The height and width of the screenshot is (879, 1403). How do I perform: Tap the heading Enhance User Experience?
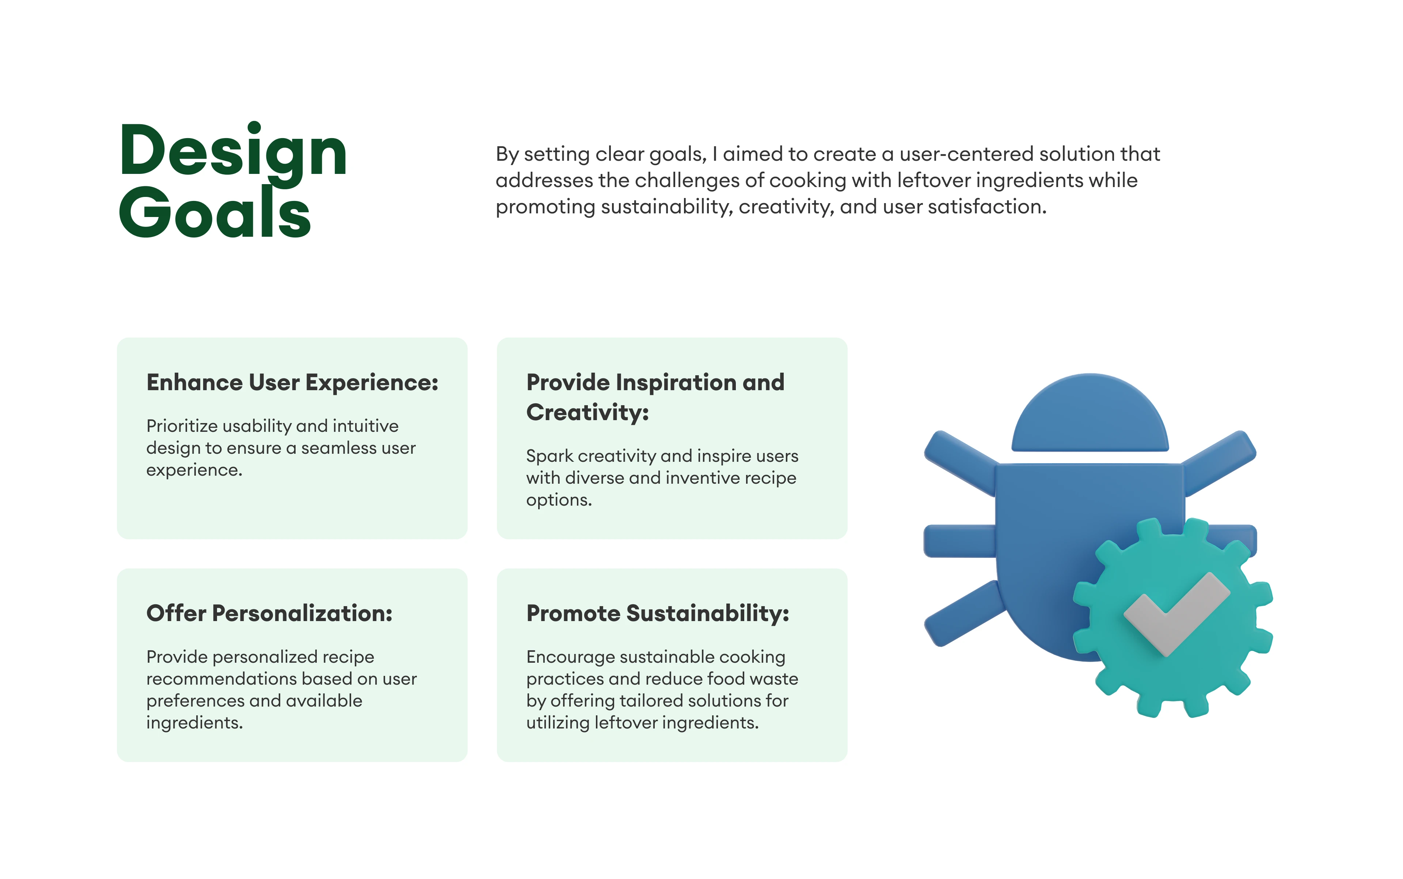pyautogui.click(x=292, y=383)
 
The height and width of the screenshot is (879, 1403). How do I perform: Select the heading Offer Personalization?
pyautogui.click(x=269, y=613)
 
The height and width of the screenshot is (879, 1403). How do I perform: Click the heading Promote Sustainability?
pyautogui.click(x=658, y=613)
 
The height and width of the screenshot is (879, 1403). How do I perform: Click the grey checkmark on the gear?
pyautogui.click(x=1176, y=614)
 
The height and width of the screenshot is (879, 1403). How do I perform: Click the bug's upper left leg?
pyautogui.click(x=961, y=462)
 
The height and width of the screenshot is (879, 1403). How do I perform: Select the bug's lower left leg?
pyautogui.click(x=964, y=613)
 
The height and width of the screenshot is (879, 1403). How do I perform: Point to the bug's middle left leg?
pyautogui.click(x=959, y=541)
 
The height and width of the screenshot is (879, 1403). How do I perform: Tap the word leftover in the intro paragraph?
pyautogui.click(x=934, y=180)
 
